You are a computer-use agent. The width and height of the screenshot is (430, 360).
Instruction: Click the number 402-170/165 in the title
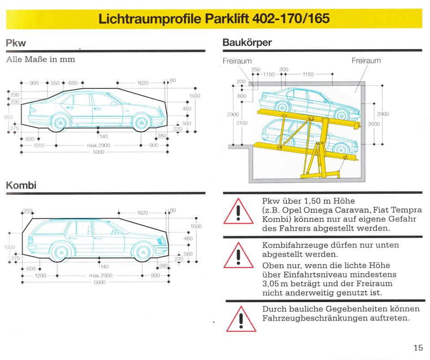pyautogui.click(x=291, y=19)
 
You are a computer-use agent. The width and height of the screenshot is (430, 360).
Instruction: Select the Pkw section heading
pyautogui.click(x=16, y=43)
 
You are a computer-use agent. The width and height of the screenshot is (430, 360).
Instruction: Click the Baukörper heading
pyautogui.click(x=247, y=43)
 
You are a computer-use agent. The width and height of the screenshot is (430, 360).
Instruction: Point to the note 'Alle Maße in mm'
pyautogui.click(x=41, y=59)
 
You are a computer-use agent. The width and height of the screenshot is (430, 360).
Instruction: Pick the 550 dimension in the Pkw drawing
pyautogui.click(x=55, y=83)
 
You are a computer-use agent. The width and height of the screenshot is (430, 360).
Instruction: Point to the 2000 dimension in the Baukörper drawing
pyautogui.click(x=374, y=124)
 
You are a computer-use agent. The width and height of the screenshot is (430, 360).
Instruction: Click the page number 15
pyautogui.click(x=418, y=347)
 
